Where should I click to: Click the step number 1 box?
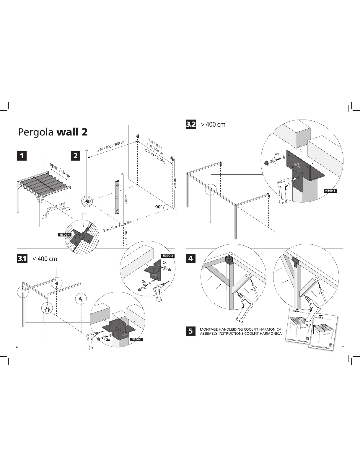click(x=22, y=155)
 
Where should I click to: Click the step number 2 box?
click(x=76, y=155)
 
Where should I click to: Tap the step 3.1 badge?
click(x=22, y=259)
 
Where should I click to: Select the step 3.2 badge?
click(x=191, y=124)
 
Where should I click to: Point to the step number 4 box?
click(x=190, y=259)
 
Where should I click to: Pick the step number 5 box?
click(x=190, y=331)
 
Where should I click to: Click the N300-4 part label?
click(x=65, y=235)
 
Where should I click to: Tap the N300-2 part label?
click(x=168, y=255)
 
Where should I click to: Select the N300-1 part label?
click(x=136, y=339)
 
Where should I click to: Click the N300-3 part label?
click(x=330, y=191)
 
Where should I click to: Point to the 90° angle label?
click(x=159, y=207)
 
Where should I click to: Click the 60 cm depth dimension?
click(x=126, y=235)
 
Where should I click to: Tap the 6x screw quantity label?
click(x=277, y=154)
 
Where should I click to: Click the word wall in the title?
click(x=68, y=132)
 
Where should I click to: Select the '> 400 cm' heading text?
click(x=213, y=124)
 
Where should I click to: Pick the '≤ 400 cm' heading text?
click(x=45, y=259)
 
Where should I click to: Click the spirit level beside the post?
click(x=117, y=197)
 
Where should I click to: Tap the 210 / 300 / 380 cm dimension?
click(x=111, y=146)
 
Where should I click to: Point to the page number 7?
click(x=343, y=347)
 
